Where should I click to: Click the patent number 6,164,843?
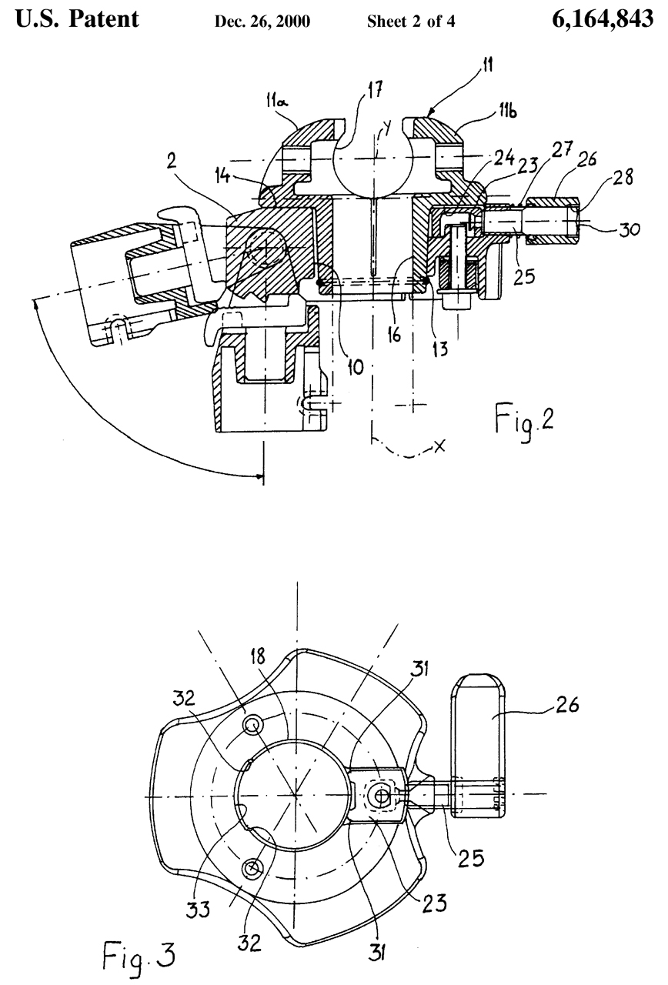602,20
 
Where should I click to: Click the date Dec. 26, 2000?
262,22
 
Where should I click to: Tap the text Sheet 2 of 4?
411,21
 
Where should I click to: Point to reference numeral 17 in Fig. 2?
372,91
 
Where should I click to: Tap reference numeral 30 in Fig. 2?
629,229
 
